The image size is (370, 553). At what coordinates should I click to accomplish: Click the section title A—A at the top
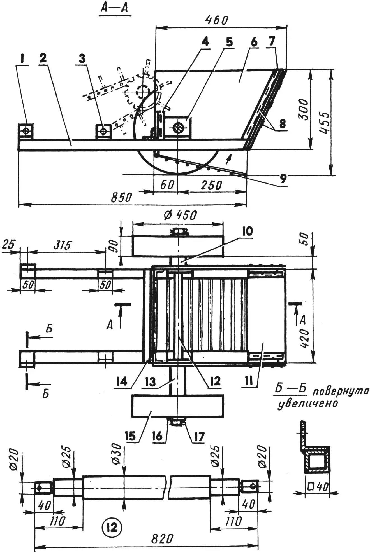point(115,8)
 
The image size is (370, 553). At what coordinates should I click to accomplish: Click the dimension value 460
point(217,20)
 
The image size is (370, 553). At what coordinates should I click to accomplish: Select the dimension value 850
point(121,198)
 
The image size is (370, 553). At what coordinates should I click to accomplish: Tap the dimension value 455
point(325,123)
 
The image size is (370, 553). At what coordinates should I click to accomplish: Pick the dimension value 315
point(63,245)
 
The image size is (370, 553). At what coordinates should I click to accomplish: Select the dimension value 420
point(305,338)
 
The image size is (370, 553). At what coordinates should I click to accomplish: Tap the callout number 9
point(283,178)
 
